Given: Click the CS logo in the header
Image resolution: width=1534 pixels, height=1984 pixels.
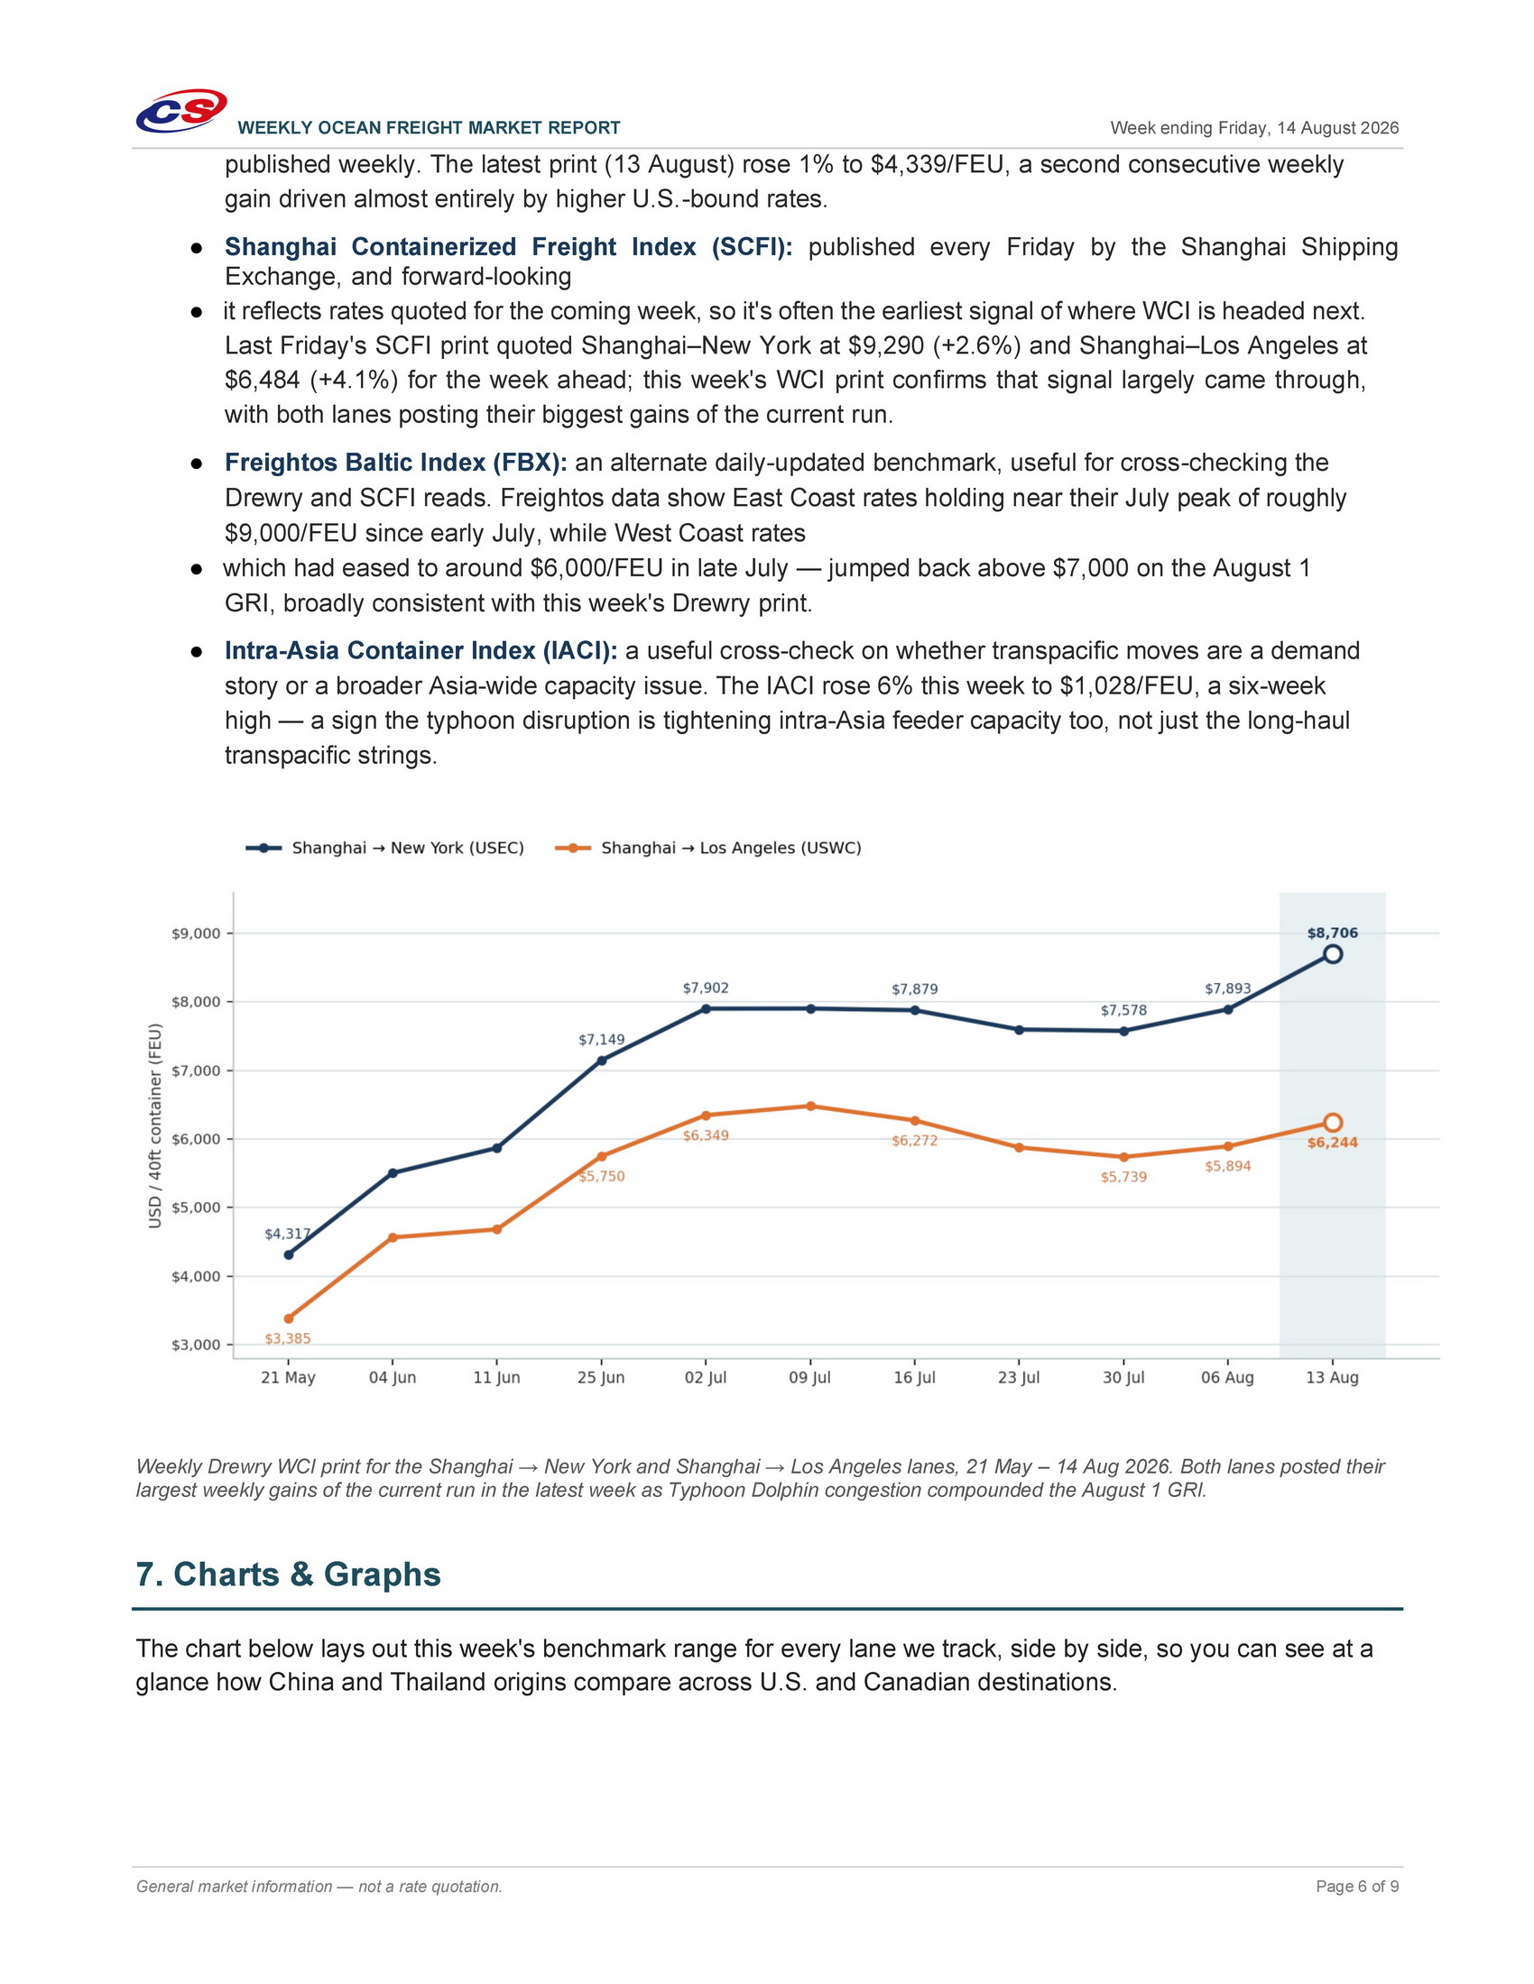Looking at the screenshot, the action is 180,111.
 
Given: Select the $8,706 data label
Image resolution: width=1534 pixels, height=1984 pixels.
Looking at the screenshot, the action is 1332,932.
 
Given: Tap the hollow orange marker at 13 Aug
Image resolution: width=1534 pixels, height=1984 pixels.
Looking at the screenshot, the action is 1332,1123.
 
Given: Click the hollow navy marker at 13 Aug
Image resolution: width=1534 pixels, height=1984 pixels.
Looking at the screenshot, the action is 1332,954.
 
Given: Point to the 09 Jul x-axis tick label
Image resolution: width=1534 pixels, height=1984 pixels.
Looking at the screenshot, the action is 809,1377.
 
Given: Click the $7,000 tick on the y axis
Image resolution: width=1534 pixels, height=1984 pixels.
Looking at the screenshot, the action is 197,1070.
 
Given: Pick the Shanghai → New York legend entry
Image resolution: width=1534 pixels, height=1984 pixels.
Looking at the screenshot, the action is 385,848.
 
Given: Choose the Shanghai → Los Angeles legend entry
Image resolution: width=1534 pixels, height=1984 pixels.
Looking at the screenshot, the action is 708,848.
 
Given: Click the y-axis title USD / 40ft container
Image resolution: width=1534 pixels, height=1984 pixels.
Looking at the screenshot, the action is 155,1126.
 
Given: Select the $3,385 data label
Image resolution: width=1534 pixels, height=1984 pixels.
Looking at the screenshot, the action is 288,1338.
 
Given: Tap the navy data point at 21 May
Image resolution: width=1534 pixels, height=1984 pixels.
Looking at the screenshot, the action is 288,1254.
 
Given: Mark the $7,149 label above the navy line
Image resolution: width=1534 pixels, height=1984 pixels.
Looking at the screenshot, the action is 602,1039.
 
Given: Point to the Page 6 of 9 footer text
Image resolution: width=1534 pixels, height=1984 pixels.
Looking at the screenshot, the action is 1358,1886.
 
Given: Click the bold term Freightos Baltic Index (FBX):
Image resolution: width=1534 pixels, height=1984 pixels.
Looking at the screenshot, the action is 396,463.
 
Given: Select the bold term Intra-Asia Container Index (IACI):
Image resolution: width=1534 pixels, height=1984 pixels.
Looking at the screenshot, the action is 421,650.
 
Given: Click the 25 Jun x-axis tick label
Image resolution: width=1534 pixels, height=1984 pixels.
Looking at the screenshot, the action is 601,1377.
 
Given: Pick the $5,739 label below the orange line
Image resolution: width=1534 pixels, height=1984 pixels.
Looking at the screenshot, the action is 1124,1176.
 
